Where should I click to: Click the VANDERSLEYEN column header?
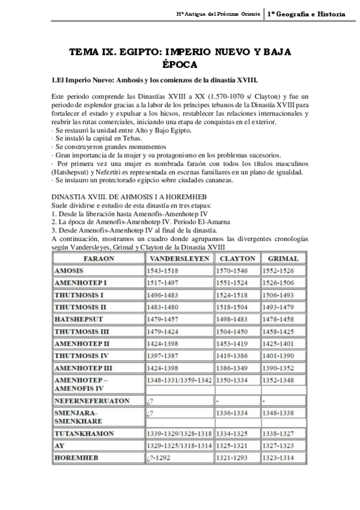click(x=179, y=259)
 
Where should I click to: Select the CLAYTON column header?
click(x=237, y=259)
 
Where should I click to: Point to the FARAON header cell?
click(x=97, y=259)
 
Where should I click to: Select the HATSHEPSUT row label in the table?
click(x=79, y=319)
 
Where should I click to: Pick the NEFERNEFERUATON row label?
click(x=91, y=399)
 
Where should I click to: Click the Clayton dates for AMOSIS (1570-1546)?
click(x=233, y=271)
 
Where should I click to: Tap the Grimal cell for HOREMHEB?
click(x=278, y=457)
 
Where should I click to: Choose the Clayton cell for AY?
click(x=233, y=445)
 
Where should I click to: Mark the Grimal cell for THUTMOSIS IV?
click(x=278, y=355)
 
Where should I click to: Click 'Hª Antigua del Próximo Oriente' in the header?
click(x=219, y=13)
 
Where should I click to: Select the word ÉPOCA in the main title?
click(x=180, y=64)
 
